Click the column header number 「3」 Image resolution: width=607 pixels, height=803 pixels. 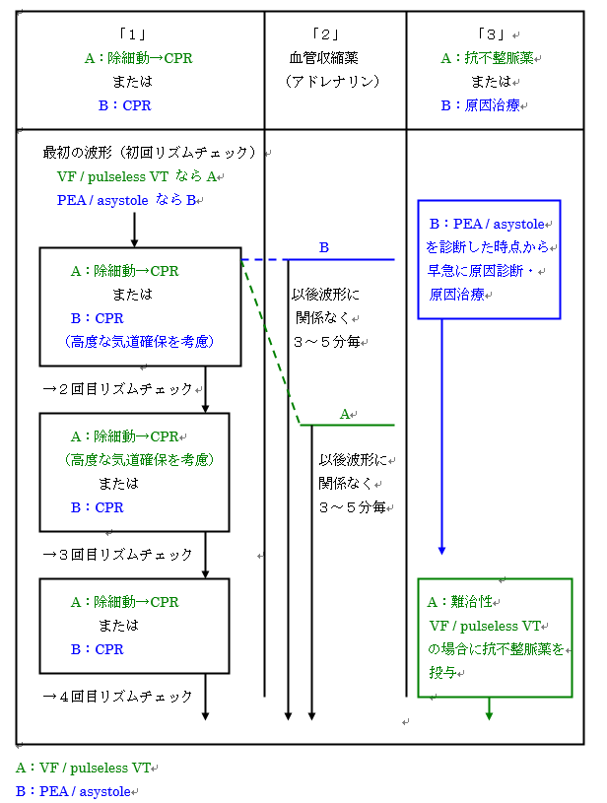coord(490,35)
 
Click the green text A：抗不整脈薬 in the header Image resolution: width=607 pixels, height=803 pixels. coord(486,58)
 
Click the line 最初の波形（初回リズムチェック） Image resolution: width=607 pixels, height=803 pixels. coord(150,153)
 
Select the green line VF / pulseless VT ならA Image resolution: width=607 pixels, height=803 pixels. coord(138,176)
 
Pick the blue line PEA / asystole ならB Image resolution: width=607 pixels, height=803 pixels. coord(127,200)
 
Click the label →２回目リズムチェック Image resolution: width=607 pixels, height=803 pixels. coord(117,389)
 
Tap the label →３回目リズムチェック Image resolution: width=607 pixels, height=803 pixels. coord(117,555)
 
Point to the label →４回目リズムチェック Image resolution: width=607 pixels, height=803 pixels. coord(117,697)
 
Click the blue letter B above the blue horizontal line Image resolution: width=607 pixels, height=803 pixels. coord(324,247)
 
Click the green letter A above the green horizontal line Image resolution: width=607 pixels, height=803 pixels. coord(345,414)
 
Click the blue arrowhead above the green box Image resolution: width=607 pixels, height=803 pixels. coord(441,549)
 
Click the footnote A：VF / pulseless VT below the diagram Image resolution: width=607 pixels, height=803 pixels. coord(84,768)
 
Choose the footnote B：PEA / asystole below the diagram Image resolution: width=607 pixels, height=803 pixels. coord(73,791)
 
